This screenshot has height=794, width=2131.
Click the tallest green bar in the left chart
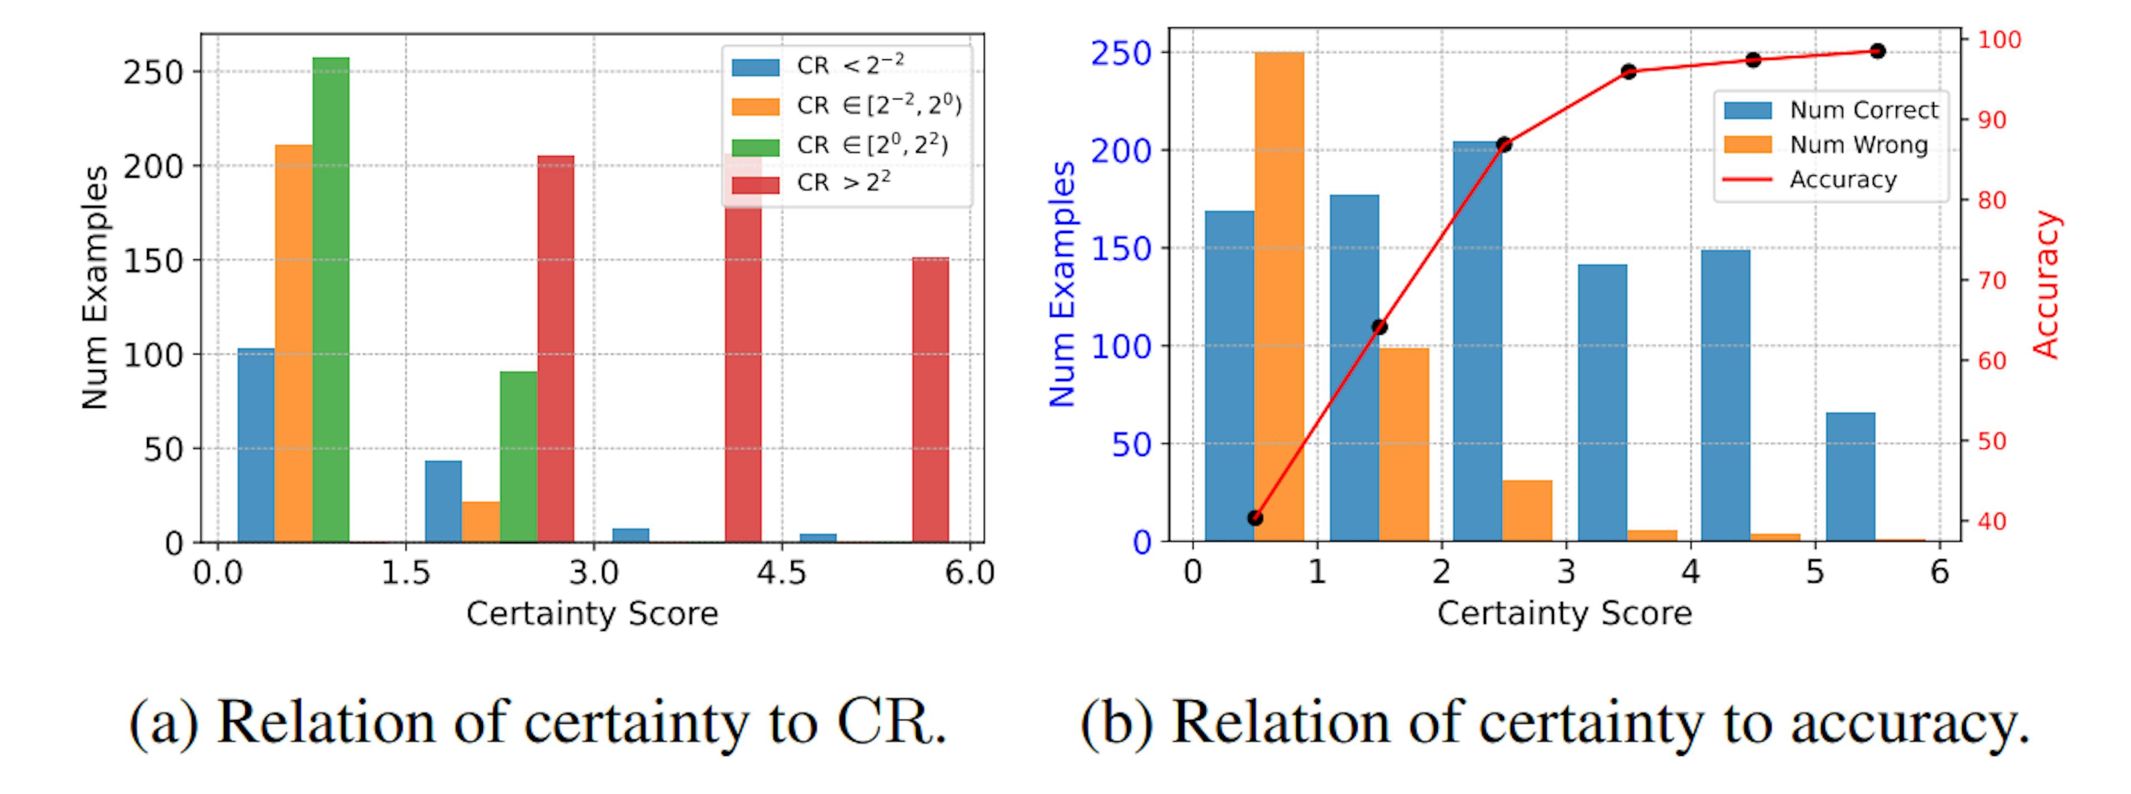click(x=330, y=298)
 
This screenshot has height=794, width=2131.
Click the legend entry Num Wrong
click(x=1858, y=145)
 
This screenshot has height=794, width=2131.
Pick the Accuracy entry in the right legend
click(x=1842, y=179)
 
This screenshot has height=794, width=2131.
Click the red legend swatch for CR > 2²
click(x=755, y=184)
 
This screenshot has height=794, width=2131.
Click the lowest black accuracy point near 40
click(x=1255, y=518)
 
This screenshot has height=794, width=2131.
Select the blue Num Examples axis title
click(x=1062, y=284)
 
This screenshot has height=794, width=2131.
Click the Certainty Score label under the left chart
click(x=592, y=614)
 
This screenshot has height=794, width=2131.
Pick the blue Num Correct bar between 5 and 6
click(x=1851, y=477)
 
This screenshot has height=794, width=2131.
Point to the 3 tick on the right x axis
click(x=1566, y=573)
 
